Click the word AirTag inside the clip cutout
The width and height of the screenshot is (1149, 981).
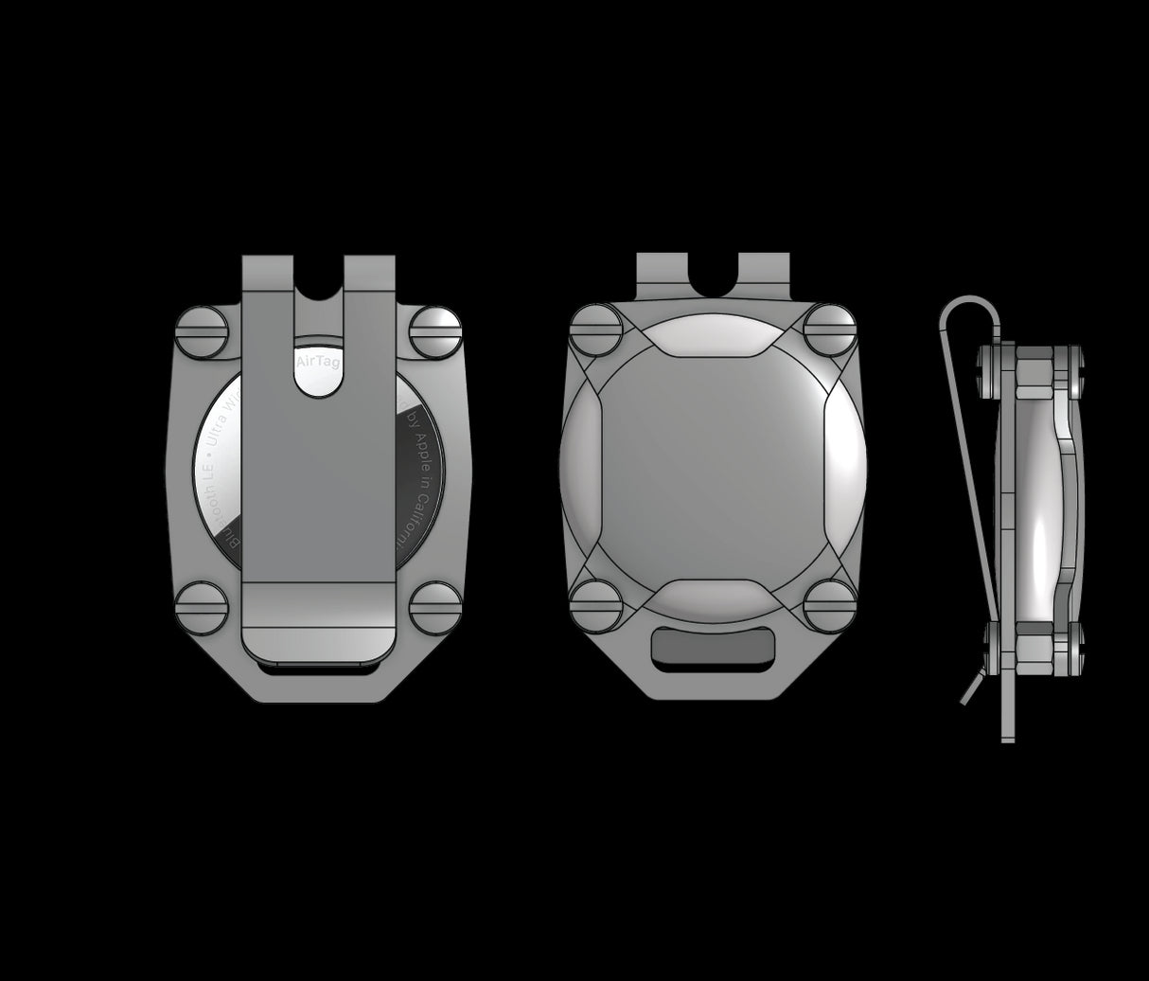(317, 363)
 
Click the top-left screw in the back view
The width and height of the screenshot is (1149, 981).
(203, 331)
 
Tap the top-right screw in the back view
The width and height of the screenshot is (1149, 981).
(435, 331)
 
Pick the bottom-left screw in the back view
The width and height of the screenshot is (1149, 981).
(203, 607)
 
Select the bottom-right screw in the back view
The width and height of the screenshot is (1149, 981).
(435, 607)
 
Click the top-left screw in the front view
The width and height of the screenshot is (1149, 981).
(596, 330)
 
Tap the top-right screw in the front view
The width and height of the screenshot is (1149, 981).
(830, 330)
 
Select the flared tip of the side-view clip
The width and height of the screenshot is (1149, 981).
(970, 687)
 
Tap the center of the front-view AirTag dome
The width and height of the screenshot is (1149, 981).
(713, 469)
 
